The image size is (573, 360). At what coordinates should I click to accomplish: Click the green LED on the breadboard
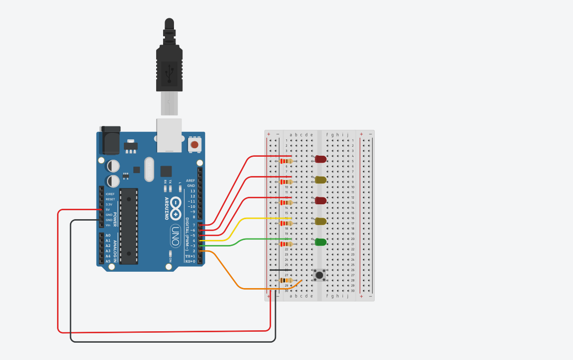[x=321, y=242]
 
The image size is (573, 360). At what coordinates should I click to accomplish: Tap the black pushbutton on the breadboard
[x=320, y=275]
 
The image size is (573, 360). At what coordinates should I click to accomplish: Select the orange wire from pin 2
[x=233, y=280]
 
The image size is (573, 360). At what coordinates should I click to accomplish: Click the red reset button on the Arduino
[x=195, y=145]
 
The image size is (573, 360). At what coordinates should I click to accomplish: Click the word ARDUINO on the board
[x=167, y=208]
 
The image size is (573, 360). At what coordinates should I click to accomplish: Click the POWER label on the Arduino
[x=115, y=219]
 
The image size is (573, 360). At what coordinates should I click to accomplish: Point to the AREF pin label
[x=190, y=180]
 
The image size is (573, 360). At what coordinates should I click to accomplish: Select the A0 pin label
[x=108, y=236]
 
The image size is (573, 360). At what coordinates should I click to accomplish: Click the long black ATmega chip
[x=129, y=226]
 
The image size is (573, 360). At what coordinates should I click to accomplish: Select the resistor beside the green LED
[x=286, y=244]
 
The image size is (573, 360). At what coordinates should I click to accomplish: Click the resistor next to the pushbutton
[x=286, y=280]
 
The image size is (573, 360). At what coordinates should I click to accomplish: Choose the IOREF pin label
[x=110, y=194]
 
